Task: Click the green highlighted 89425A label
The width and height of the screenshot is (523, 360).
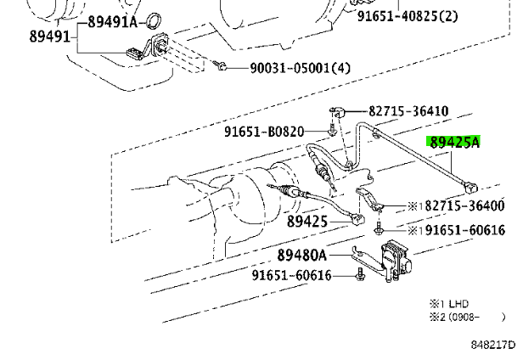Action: [453, 143]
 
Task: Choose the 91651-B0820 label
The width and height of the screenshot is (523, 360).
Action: [275, 131]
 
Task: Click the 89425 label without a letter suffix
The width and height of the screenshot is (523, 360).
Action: [306, 222]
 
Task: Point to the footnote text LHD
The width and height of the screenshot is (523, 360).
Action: [458, 303]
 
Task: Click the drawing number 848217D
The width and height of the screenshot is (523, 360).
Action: [493, 345]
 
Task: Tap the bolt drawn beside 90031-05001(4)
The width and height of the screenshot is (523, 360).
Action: [220, 65]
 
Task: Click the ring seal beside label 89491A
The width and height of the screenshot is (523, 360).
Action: [155, 20]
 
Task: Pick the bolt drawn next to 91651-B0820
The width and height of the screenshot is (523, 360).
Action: [330, 129]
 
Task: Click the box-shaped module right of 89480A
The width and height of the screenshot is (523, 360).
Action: [396, 254]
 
